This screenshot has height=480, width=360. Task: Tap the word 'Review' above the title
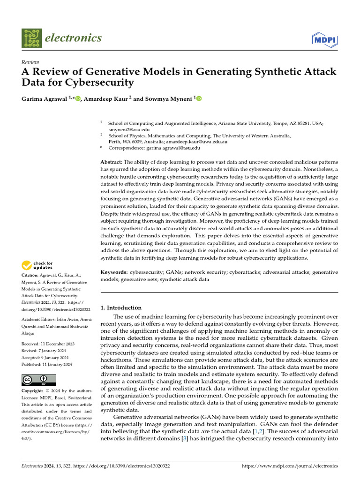click(x=30, y=62)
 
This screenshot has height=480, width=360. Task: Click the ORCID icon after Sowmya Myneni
click(x=199, y=98)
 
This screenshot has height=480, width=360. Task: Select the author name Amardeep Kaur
click(x=106, y=98)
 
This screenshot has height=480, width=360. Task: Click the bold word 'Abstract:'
click(x=112, y=161)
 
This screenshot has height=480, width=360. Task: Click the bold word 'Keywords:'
click(x=114, y=272)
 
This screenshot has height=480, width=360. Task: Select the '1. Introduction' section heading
click(x=121, y=308)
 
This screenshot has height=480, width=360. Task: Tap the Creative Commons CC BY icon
click(x=38, y=380)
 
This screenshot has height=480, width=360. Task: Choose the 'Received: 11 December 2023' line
click(x=46, y=344)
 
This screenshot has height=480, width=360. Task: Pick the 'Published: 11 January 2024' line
click(x=47, y=364)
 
